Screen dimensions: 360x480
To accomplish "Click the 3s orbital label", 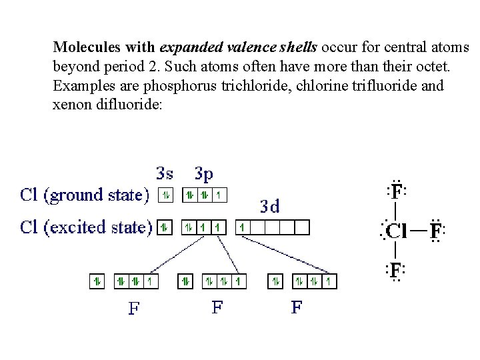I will pos(165,173).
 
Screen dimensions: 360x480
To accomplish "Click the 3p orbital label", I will pos(204,173).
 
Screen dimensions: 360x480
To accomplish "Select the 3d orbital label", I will pos(269,206).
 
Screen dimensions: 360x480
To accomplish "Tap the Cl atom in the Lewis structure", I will pos(396,231).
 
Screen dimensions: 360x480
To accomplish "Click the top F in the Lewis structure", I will pos(397,192).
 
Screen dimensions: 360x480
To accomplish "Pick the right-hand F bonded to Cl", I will pos(435,231).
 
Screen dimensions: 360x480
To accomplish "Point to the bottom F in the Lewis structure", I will pos(397,270).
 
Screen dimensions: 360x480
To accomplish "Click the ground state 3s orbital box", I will pos(165,195).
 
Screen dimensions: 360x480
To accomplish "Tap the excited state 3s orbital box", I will pos(165,227).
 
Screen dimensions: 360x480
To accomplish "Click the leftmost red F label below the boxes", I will pos(134,309).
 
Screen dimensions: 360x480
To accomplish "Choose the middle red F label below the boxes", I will pos(217,307).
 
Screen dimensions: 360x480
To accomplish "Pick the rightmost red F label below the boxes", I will pos(297,307).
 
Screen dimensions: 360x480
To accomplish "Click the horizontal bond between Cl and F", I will pos(418,231).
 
